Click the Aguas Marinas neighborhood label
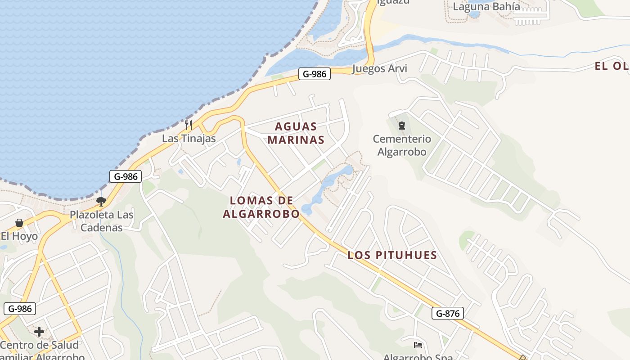click(x=296, y=133)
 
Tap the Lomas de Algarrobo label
click(x=261, y=207)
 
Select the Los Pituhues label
click(x=392, y=255)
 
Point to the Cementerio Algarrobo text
click(x=402, y=145)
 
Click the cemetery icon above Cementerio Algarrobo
click(x=402, y=126)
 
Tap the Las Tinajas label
click(x=189, y=139)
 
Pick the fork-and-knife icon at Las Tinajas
click(x=189, y=125)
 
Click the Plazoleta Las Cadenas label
click(x=102, y=221)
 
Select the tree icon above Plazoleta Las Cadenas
click(x=101, y=201)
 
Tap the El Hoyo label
click(x=19, y=236)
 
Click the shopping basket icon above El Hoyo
click(x=19, y=223)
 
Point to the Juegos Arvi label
click(x=379, y=68)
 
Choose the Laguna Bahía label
click(x=486, y=7)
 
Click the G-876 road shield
click(x=448, y=313)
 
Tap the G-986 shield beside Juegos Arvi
click(x=315, y=74)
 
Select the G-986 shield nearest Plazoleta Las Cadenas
click(x=126, y=176)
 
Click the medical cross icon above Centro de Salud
click(x=39, y=332)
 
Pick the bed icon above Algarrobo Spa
click(x=418, y=345)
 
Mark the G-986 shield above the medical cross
click(x=20, y=309)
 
